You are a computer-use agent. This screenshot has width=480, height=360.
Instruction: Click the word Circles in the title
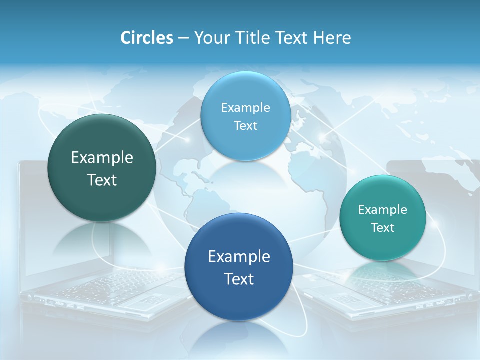coord(146,38)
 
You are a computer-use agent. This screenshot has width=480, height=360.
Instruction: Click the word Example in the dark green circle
coord(102,158)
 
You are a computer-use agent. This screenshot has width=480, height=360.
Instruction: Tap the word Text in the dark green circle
coord(102,180)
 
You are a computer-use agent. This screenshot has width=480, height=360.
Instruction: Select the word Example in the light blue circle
coord(245,108)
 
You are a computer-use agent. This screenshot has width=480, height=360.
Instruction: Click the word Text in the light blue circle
coord(245,126)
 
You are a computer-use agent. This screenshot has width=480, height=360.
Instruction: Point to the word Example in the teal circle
coord(383,210)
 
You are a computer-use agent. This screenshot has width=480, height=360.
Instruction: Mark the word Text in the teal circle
coord(383,228)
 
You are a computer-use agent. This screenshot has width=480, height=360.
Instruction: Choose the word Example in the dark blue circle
coord(239,257)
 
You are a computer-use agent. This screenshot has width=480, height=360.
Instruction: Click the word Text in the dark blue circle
coord(239,279)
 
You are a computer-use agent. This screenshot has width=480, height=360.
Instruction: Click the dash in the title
coord(183,38)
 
